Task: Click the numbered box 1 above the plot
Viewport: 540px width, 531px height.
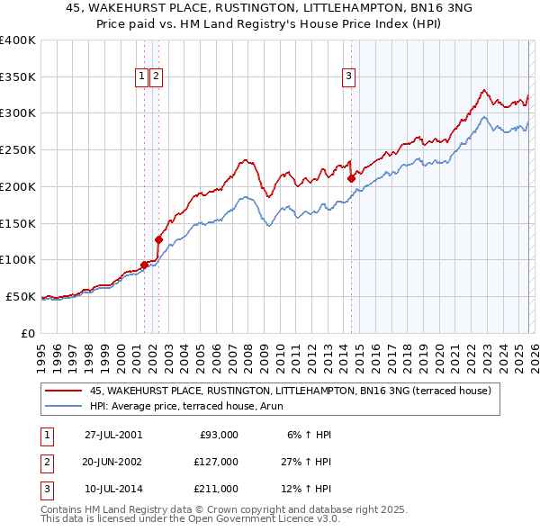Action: click(142, 77)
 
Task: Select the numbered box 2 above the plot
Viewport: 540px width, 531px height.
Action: click(157, 77)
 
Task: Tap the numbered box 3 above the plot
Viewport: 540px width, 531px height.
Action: click(348, 77)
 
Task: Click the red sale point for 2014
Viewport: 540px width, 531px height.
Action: click(351, 178)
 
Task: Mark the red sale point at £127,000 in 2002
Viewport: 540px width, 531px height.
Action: click(158, 239)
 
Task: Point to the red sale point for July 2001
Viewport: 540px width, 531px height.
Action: click(144, 265)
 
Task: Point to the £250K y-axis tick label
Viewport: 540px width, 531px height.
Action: click(18, 150)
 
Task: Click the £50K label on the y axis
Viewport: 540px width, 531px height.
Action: click(21, 296)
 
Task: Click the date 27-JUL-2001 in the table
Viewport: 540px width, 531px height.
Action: click(113, 435)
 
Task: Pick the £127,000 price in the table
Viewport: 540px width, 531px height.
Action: click(217, 462)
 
